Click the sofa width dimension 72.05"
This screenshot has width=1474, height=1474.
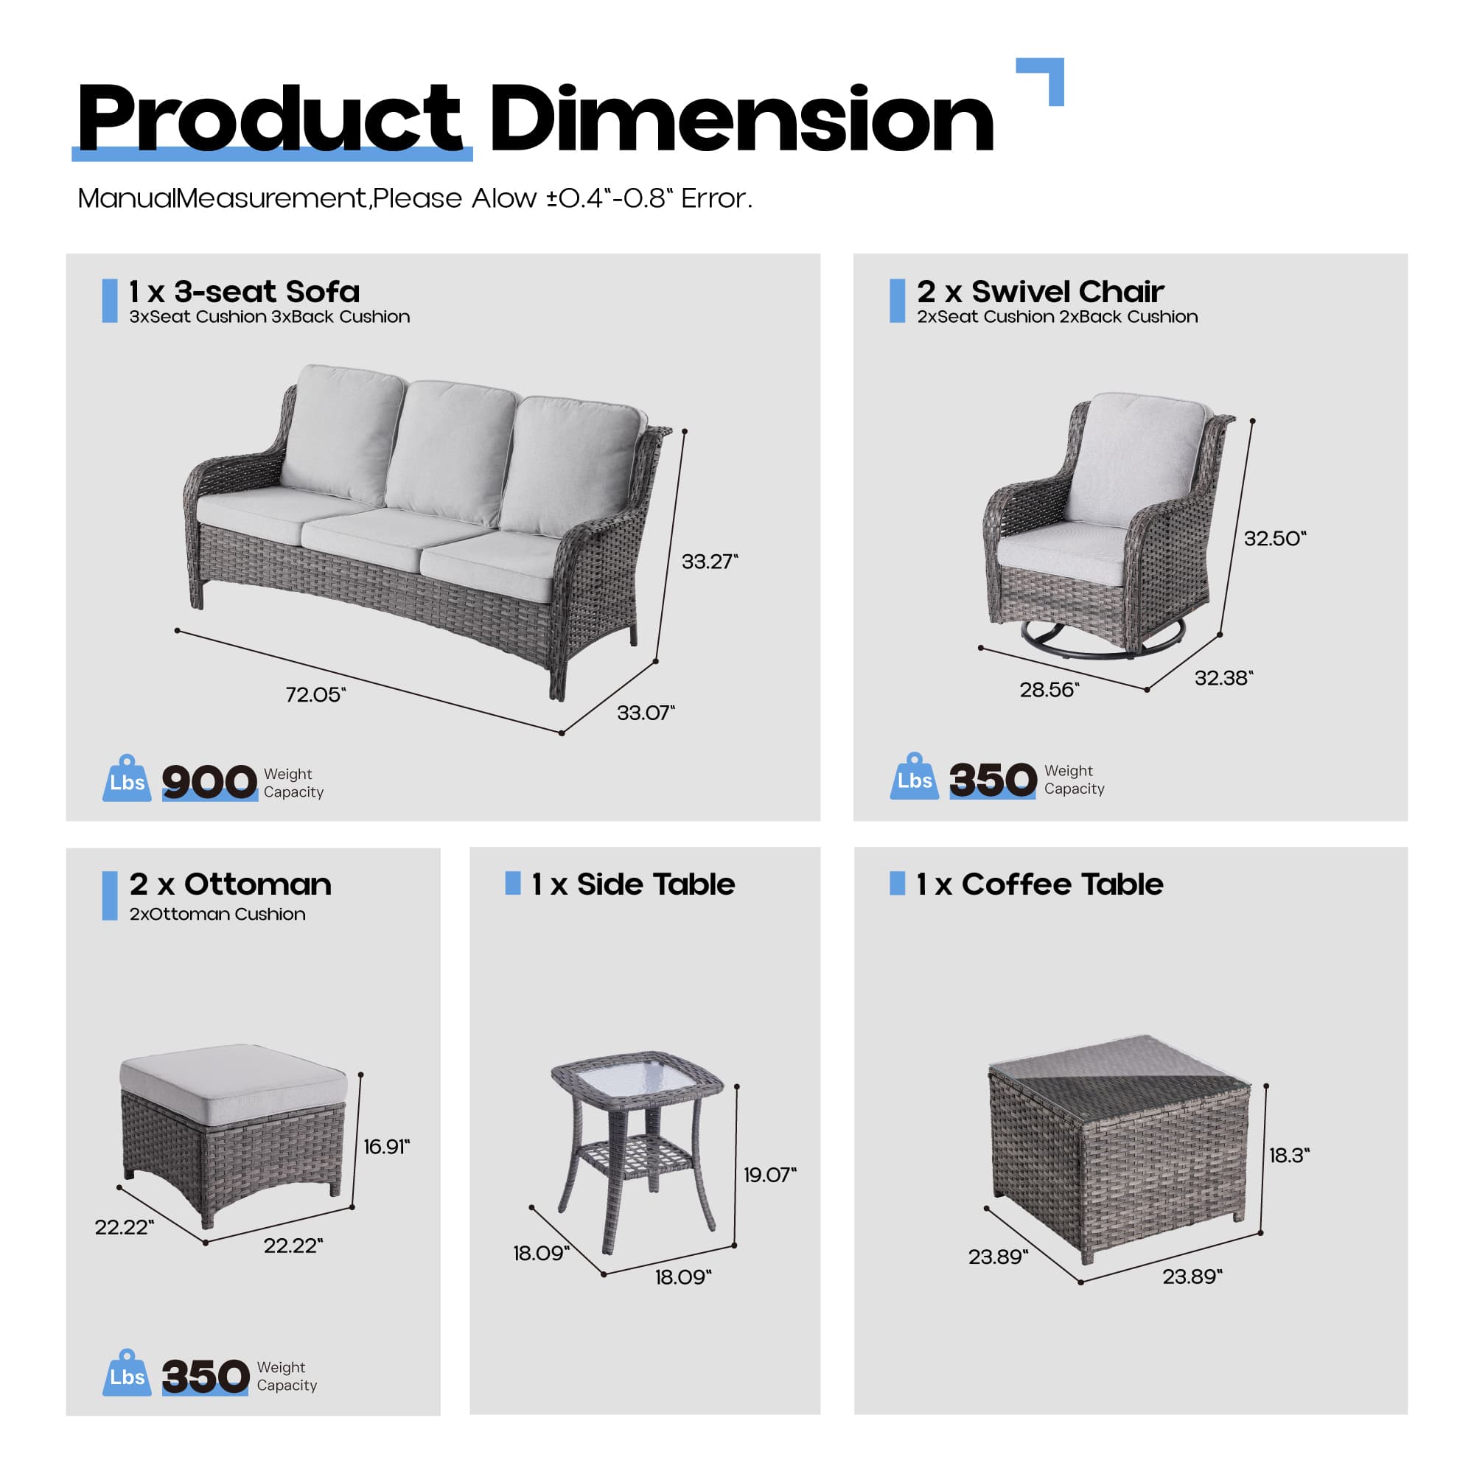[x=315, y=695]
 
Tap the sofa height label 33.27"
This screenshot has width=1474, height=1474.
[x=710, y=562]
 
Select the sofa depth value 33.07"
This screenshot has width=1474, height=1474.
[x=646, y=713]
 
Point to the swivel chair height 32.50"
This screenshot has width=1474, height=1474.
[x=1275, y=539]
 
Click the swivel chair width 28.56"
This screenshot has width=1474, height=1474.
[x=1049, y=690]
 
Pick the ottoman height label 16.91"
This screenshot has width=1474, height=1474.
[x=386, y=1147]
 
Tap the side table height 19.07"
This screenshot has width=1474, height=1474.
[x=769, y=1174]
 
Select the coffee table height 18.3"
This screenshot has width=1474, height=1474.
[x=1288, y=1155]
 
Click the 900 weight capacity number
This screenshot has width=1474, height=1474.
[x=209, y=782]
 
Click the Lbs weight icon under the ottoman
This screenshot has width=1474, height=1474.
[x=127, y=1374]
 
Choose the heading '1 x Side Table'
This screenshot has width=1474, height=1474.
[x=633, y=884]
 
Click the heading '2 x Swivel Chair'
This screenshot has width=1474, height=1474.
[x=1040, y=291]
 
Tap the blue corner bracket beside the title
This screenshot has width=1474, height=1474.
[x=1045, y=77]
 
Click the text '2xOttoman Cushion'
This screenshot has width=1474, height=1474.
[x=217, y=914]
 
